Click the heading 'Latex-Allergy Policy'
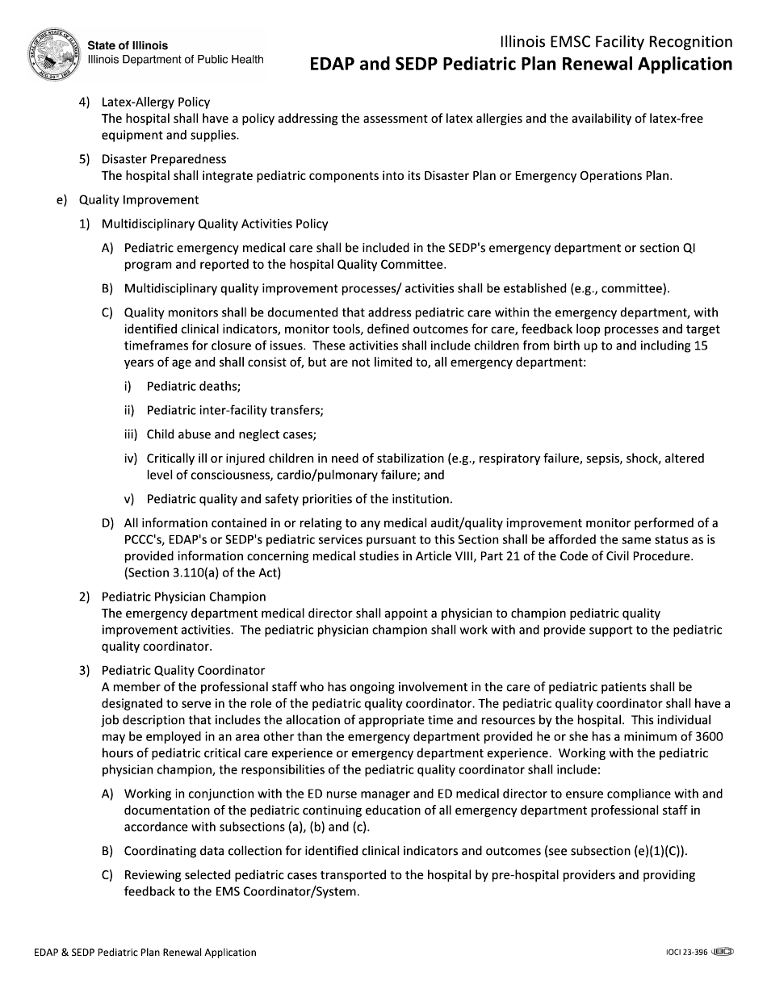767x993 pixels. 155,103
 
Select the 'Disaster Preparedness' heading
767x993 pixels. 164,159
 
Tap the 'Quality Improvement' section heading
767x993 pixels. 138,199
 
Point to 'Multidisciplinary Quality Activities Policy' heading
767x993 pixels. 215,224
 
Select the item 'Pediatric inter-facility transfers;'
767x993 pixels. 235,410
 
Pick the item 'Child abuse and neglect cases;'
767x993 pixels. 231,434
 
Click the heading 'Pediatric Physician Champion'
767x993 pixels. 183,597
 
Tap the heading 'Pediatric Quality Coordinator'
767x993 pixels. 183,670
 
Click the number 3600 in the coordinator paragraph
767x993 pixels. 709,736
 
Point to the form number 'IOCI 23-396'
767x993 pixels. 681,953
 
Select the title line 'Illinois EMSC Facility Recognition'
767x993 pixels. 616,42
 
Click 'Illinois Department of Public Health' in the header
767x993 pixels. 175,60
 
